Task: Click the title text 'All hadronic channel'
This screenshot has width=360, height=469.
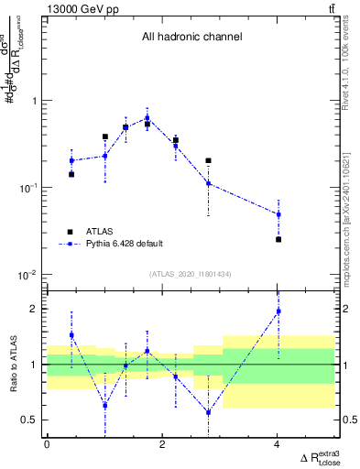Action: click(191, 38)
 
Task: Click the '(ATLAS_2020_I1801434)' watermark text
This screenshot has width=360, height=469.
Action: click(191, 275)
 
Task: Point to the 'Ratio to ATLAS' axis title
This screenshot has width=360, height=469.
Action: click(12, 365)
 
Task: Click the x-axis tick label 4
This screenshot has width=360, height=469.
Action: click(278, 444)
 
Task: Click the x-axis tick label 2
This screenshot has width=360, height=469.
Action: click(162, 444)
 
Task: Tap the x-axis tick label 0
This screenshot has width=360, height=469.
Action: click(47, 444)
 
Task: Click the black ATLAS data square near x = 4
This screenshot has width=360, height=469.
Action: click(278, 239)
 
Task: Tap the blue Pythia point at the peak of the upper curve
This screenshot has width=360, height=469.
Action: click(147, 117)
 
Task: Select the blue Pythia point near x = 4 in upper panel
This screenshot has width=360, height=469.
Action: click(278, 214)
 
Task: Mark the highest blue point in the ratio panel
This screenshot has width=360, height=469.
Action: click(278, 311)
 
